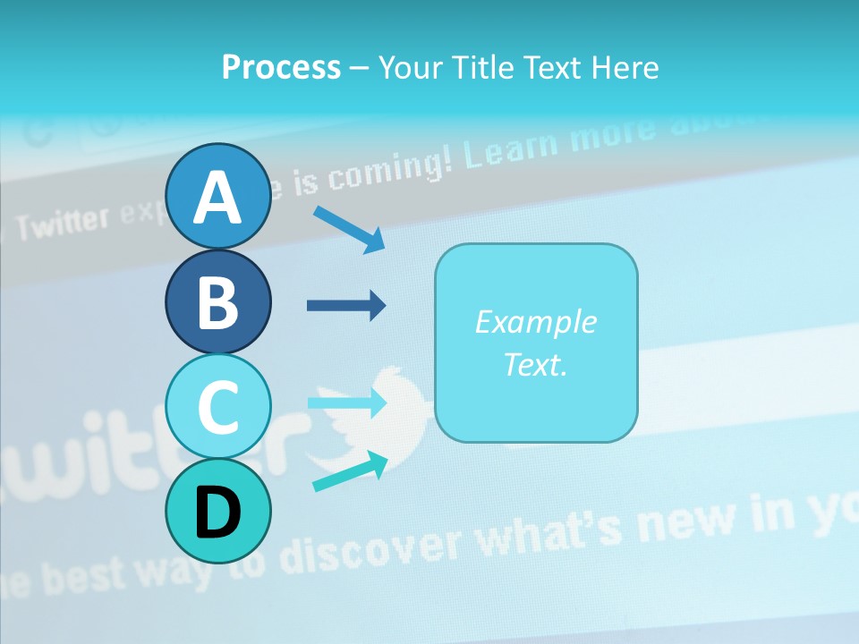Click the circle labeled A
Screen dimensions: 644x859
click(x=217, y=196)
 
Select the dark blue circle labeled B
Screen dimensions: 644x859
click(x=217, y=301)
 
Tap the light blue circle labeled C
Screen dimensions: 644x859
click(x=217, y=406)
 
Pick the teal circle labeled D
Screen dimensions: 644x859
click(x=217, y=511)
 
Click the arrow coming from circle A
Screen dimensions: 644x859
click(x=349, y=229)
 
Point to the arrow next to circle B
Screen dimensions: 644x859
click(x=346, y=306)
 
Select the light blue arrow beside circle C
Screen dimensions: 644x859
click(x=346, y=402)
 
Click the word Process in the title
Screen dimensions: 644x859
click(x=281, y=67)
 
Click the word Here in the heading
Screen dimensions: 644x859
click(x=626, y=67)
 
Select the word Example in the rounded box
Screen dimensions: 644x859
click(x=535, y=322)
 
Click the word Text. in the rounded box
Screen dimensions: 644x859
click(x=535, y=364)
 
